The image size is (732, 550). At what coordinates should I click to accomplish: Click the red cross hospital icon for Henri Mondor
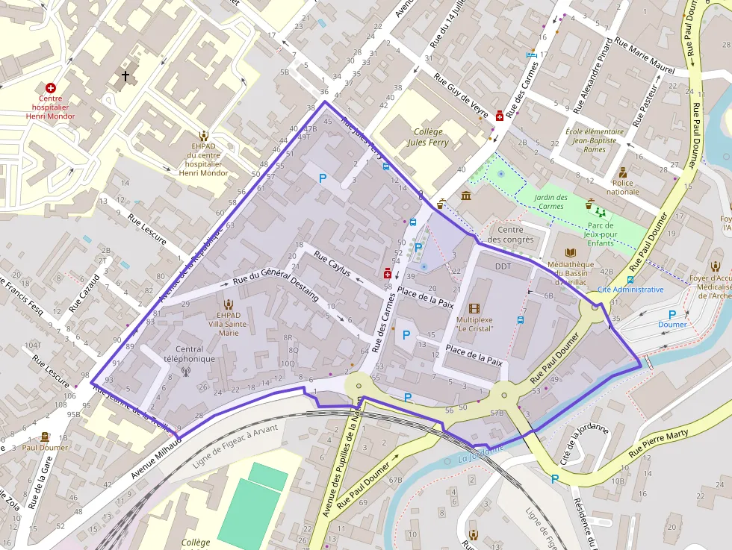(x=51, y=88)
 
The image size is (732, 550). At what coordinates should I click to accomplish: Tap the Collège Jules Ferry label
(x=428, y=137)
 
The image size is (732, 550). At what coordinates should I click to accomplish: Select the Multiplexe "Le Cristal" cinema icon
(x=474, y=307)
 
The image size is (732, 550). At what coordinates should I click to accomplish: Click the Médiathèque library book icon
(x=571, y=253)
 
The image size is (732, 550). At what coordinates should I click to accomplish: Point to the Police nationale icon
(x=622, y=172)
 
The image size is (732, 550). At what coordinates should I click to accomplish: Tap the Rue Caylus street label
(x=332, y=264)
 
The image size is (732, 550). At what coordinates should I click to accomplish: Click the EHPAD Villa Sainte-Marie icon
(x=229, y=304)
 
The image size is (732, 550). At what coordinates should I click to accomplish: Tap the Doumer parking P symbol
(x=671, y=315)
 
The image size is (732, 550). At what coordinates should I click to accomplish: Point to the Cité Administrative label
(x=630, y=290)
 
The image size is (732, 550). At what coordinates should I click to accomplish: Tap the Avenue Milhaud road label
(x=155, y=456)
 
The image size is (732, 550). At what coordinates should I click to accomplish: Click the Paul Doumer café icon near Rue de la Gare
(x=45, y=437)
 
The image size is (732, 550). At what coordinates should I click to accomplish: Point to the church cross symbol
(x=125, y=75)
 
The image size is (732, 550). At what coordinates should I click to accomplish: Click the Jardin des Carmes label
(x=551, y=201)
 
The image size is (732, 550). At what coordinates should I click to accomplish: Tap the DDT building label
(x=503, y=266)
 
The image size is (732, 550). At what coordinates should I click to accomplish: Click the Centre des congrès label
(x=510, y=234)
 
